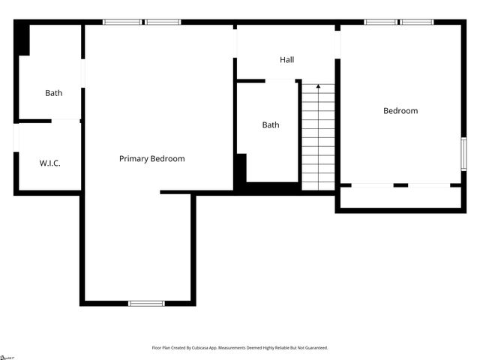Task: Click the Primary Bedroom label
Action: pyautogui.click(x=151, y=159)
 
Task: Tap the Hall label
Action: pyautogui.click(x=287, y=59)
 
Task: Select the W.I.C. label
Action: pyautogui.click(x=49, y=163)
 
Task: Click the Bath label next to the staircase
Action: pyautogui.click(x=271, y=124)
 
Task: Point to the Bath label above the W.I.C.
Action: pyautogui.click(x=53, y=93)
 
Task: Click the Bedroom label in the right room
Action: pyautogui.click(x=400, y=111)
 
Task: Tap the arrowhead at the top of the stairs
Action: pyautogui.click(x=318, y=87)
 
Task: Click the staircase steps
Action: pyautogui.click(x=318, y=139)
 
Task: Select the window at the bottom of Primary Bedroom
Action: pyautogui.click(x=146, y=303)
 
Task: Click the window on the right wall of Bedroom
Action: pyautogui.click(x=463, y=154)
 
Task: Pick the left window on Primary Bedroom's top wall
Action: pyautogui.click(x=122, y=22)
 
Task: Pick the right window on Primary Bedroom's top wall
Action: pyautogui.click(x=163, y=22)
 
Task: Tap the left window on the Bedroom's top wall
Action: pyautogui.click(x=380, y=22)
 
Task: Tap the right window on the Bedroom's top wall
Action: pyautogui.click(x=416, y=22)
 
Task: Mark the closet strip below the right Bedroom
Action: pyautogui.click(x=400, y=197)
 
